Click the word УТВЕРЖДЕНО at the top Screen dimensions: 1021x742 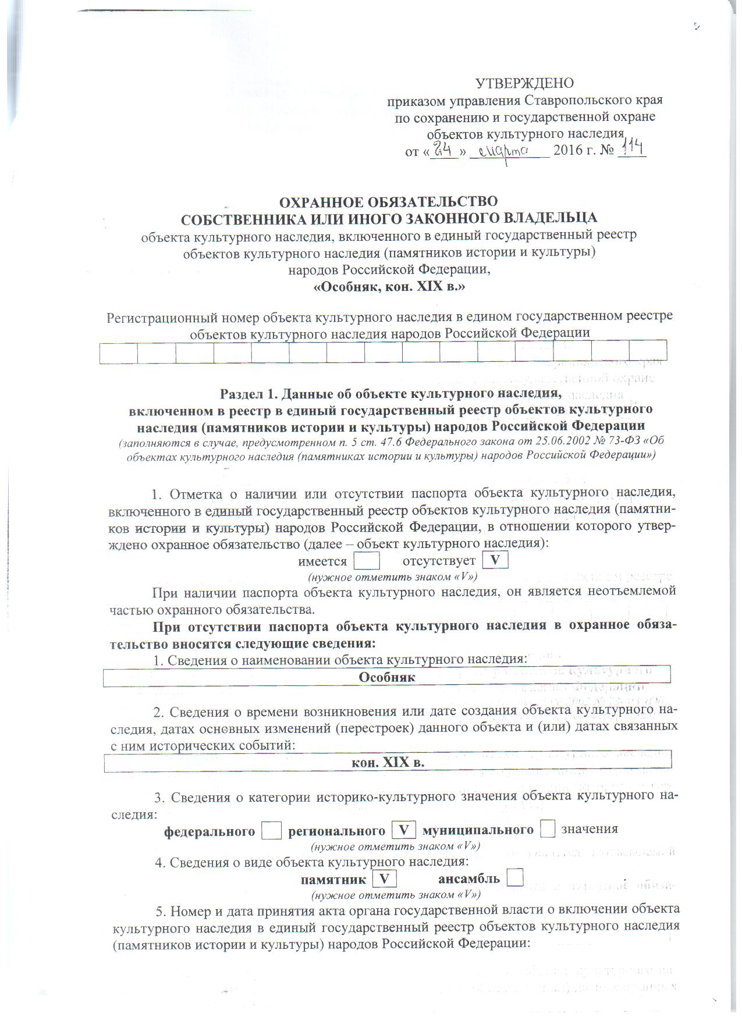(x=524, y=83)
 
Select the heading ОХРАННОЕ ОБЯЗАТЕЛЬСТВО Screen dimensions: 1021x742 (x=389, y=202)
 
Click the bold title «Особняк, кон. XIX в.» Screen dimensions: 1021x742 (x=389, y=287)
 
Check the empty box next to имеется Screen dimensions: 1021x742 (x=367, y=561)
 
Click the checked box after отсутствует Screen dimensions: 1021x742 (x=495, y=560)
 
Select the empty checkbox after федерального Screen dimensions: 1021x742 (x=271, y=830)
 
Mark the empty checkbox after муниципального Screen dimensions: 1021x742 (x=547, y=829)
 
